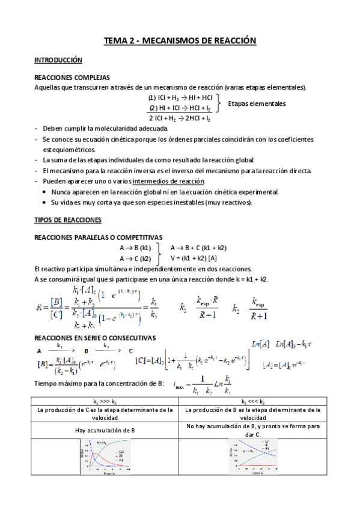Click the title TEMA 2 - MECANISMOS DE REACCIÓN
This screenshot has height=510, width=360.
[180, 41]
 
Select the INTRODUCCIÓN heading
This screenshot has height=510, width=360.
[58, 61]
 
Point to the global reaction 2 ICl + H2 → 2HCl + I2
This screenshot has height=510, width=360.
[179, 118]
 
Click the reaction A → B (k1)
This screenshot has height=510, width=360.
[135, 247]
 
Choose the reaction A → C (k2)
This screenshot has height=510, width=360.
[135, 258]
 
